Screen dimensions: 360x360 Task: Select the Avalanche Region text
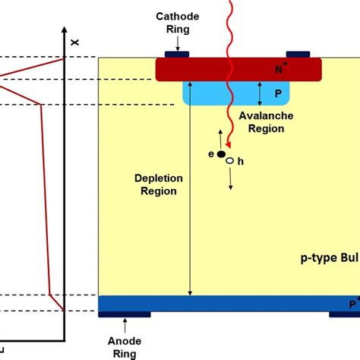[261, 123]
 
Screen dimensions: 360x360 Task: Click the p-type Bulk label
[327, 259]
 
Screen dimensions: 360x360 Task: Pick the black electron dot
[221, 155]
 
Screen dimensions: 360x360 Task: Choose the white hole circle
[229, 161]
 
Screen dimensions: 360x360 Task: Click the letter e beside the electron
[212, 154]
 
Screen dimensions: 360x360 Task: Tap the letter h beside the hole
[239, 161]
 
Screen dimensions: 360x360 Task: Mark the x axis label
[74, 43]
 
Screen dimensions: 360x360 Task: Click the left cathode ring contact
[177, 55]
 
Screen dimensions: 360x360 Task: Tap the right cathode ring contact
[298, 55]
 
